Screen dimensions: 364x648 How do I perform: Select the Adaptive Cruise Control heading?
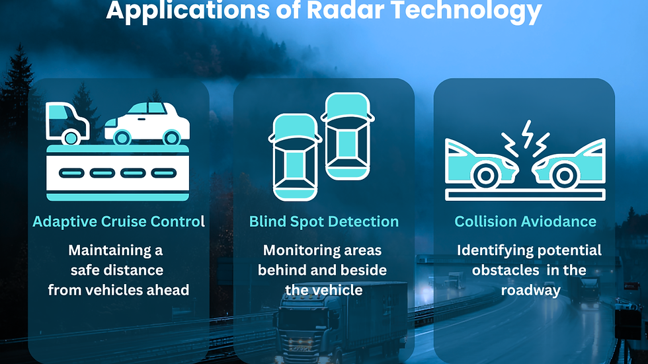(118, 221)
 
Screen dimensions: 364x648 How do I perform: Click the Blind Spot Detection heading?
(324, 221)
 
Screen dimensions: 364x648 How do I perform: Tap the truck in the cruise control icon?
(66, 123)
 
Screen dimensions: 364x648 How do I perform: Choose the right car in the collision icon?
(570, 165)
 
